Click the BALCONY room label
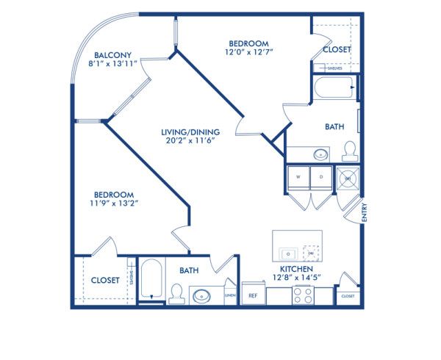click(x=112, y=54)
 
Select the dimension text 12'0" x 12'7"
click(x=247, y=52)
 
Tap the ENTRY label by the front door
click(x=365, y=213)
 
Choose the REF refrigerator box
click(x=252, y=295)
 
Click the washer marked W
click(x=298, y=178)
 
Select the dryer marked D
click(x=320, y=178)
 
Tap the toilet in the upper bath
click(x=350, y=151)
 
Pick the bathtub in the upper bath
click(x=334, y=90)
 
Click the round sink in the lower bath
click(x=201, y=297)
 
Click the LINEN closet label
click(x=230, y=295)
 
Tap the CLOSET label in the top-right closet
click(x=337, y=50)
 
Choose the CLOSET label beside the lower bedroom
click(x=105, y=280)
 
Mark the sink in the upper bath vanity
click(x=321, y=155)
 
